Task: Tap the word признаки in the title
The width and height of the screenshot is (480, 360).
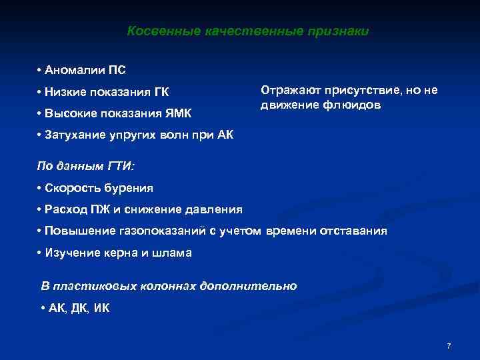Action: [339, 31]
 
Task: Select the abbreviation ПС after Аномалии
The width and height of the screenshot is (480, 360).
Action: [116, 70]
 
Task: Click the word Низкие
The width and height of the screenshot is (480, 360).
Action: [63, 91]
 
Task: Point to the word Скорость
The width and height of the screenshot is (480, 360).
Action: [71, 188]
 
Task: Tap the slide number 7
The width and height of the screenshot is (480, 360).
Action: [449, 346]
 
